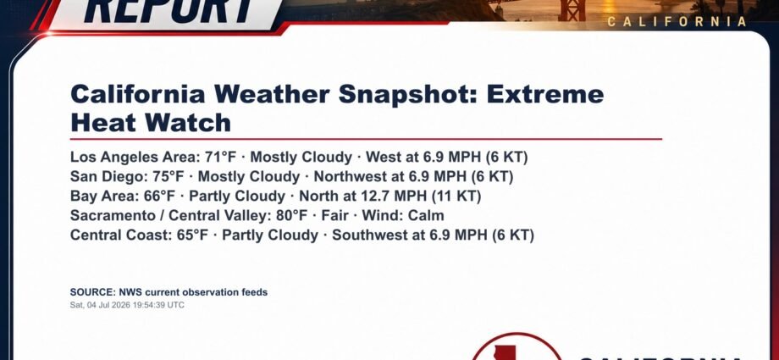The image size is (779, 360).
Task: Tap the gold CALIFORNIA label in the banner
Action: click(x=677, y=21)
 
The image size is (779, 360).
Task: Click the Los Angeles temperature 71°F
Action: click(x=221, y=157)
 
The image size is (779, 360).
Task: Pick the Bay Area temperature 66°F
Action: click(x=159, y=196)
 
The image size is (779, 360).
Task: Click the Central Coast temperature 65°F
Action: click(x=192, y=235)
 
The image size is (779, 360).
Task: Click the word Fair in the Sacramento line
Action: click(x=334, y=215)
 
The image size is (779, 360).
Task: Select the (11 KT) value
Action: click(x=456, y=196)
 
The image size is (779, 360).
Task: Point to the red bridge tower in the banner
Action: click(x=572, y=10)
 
